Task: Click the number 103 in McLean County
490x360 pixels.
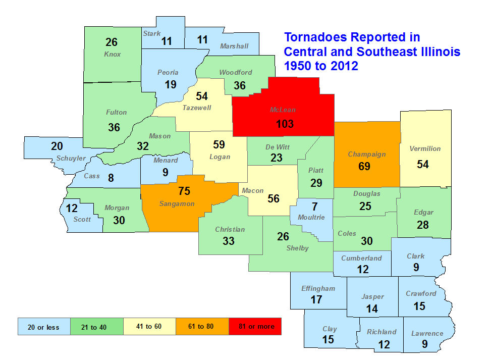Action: (284, 124)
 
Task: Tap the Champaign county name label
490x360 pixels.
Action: (366, 155)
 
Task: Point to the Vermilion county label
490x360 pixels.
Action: (425, 149)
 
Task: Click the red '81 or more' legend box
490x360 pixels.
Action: (255, 327)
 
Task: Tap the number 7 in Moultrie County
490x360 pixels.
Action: (315, 206)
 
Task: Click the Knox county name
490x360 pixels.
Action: (112, 54)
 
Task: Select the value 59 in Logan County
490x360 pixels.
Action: (219, 145)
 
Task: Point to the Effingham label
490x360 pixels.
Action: (318, 289)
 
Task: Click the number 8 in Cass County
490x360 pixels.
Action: (111, 177)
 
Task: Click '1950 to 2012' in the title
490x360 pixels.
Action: (321, 66)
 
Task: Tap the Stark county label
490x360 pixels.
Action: (151, 34)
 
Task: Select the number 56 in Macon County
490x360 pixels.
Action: (273, 199)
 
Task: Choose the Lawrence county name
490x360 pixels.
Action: (427, 333)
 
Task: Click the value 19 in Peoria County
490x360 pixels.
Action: (171, 84)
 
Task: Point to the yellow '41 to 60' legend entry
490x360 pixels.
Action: (149, 327)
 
